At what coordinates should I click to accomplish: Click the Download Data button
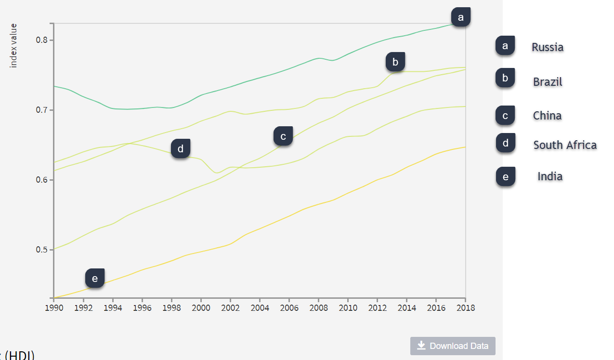tap(453, 346)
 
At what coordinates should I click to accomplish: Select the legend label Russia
tap(548, 47)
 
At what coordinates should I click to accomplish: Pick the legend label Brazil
tap(548, 82)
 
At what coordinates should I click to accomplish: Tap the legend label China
tap(547, 116)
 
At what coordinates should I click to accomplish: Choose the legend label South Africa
tap(565, 145)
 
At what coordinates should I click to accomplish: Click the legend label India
tap(550, 177)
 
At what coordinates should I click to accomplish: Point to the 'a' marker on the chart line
tap(461, 17)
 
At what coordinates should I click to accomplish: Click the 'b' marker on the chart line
tap(395, 62)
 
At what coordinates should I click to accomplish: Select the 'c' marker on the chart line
tap(283, 136)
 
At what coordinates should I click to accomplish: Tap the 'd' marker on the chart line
tap(181, 149)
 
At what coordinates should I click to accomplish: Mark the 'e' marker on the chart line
tap(95, 278)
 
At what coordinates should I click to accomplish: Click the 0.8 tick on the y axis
tap(42, 40)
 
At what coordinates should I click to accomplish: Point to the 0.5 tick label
tap(42, 250)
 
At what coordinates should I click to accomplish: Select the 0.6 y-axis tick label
tap(42, 180)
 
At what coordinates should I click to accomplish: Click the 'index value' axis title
tap(13, 45)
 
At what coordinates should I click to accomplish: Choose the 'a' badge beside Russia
tap(505, 46)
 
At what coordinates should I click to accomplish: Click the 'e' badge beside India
tap(505, 177)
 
